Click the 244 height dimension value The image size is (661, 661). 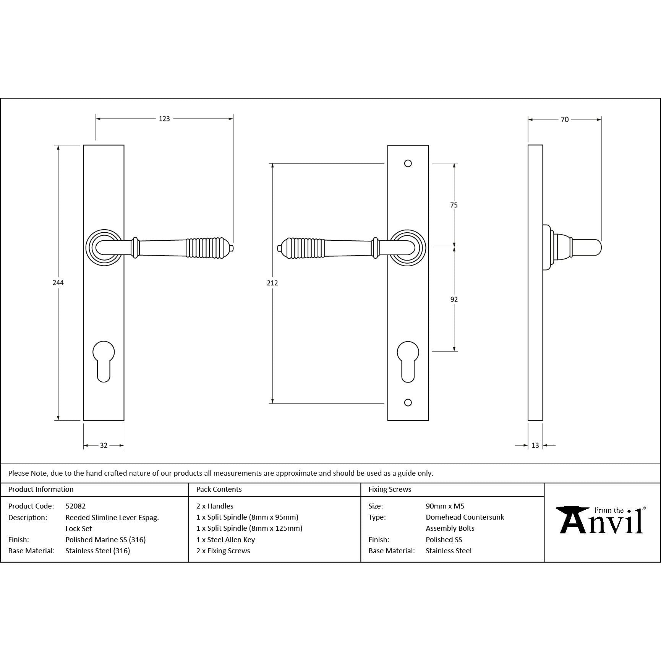click(x=58, y=282)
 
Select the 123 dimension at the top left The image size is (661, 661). click(x=164, y=119)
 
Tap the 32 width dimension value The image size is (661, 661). click(x=104, y=446)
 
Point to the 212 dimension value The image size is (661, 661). click(x=272, y=283)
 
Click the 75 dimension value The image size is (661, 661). click(x=454, y=205)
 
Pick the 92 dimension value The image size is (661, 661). click(x=454, y=300)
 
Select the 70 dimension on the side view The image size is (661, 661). click(x=565, y=120)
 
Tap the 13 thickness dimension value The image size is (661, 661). click(x=535, y=446)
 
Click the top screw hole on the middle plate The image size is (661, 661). click(x=408, y=164)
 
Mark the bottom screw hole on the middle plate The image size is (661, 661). click(x=408, y=403)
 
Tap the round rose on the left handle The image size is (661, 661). click(x=104, y=248)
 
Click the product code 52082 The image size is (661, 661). click(x=75, y=506)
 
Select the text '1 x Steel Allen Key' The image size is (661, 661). click(x=225, y=539)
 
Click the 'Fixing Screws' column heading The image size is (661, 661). click(x=390, y=489)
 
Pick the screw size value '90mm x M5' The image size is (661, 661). click(x=445, y=506)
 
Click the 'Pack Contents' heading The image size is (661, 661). click(x=219, y=489)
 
